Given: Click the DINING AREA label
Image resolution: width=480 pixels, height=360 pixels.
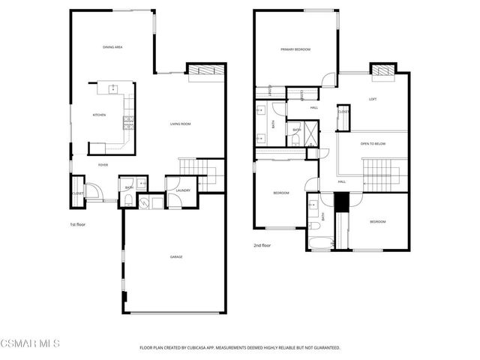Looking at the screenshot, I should [112, 47].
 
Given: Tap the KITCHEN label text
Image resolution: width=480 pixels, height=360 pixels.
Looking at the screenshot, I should [99, 115].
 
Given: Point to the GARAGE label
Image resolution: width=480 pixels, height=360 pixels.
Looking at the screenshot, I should [176, 257].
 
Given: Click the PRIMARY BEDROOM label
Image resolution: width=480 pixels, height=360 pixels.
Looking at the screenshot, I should [295, 49].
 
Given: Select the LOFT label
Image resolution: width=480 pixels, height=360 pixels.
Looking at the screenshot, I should [373, 99].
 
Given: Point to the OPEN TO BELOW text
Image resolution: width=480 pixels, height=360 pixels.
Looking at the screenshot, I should [373, 143].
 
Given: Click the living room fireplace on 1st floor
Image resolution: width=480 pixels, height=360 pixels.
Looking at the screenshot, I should [204, 70].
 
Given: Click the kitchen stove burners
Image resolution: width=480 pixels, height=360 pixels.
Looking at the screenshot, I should [129, 120].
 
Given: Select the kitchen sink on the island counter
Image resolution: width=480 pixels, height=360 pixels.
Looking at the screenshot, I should [115, 88].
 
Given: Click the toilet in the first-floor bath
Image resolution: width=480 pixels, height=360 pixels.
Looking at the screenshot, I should [129, 200].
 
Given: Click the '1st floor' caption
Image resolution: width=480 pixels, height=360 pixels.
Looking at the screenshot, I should [78, 223].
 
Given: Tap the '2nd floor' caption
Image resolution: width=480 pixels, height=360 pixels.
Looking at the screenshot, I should [262, 244].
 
